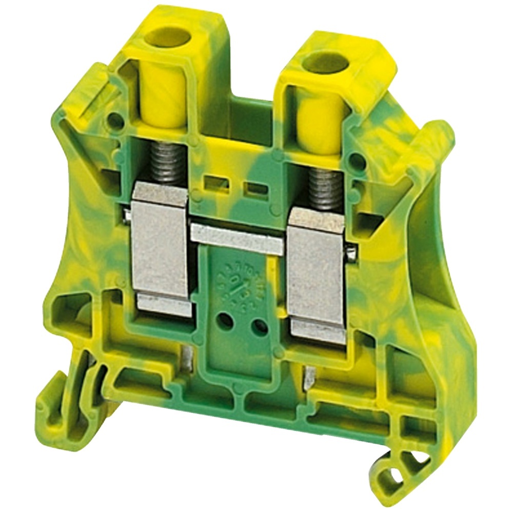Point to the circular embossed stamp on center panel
coord(234,283)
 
